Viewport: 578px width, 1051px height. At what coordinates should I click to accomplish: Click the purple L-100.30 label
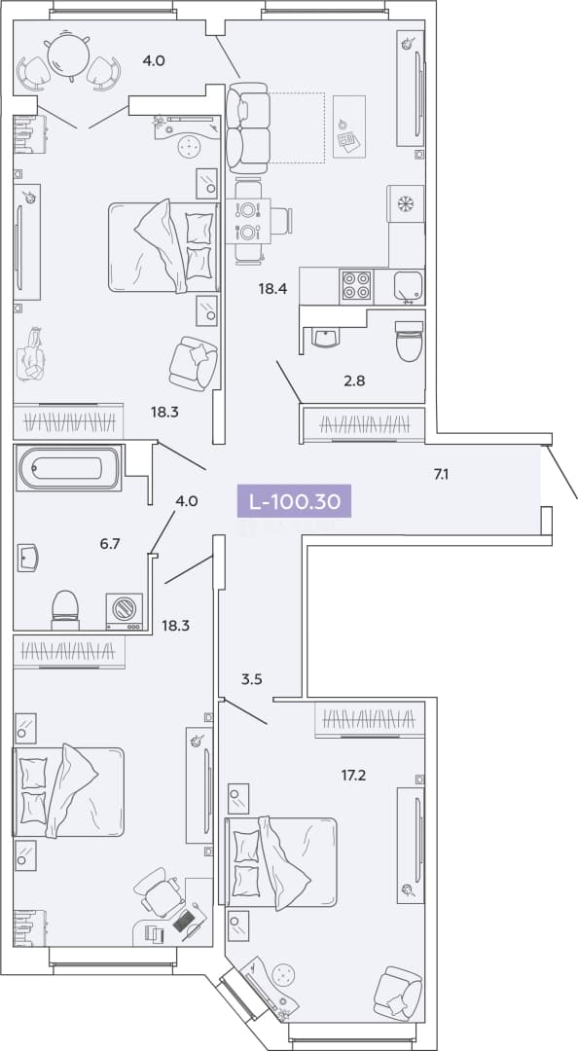point(294,501)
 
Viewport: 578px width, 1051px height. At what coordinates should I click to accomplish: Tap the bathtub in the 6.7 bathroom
point(69,468)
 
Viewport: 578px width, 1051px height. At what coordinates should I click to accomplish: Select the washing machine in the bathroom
point(124,611)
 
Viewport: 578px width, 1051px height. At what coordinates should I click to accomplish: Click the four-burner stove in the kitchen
point(356,286)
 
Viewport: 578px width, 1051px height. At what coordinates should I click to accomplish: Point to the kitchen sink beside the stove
point(409,286)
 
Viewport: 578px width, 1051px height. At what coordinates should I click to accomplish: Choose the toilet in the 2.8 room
point(409,342)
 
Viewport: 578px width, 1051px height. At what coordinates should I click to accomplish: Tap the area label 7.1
point(441,475)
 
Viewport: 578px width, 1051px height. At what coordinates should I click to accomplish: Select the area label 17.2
point(353,776)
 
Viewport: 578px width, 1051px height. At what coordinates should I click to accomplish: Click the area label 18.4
point(272,289)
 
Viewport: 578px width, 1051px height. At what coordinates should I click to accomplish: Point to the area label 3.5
point(251,678)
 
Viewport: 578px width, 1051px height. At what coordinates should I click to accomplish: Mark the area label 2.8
point(355,381)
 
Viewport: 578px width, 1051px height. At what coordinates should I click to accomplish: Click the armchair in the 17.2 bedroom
point(398,993)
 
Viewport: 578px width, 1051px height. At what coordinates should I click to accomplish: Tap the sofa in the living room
point(247,127)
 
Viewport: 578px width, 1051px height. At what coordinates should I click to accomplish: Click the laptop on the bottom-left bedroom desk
point(185,919)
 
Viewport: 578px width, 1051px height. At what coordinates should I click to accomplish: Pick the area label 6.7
point(110,543)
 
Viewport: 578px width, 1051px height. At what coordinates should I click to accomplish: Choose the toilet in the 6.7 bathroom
point(65,610)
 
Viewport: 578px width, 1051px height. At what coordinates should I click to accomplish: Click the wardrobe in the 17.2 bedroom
point(370,720)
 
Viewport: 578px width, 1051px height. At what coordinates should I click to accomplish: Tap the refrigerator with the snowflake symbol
point(406,203)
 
